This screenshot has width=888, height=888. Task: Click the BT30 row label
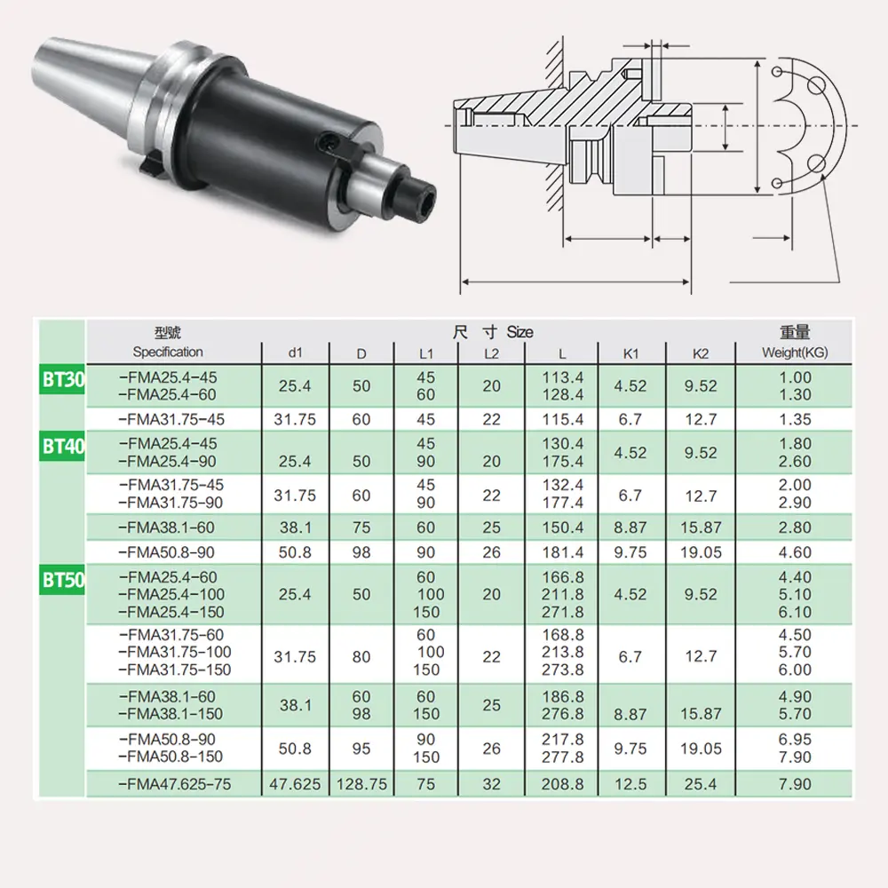tap(63, 380)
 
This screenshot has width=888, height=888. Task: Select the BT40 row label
tap(63, 446)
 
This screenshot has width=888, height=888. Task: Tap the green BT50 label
tap(63, 582)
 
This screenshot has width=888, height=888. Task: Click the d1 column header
tap(295, 353)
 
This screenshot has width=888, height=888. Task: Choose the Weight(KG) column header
tap(795, 353)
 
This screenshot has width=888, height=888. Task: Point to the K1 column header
tap(630, 353)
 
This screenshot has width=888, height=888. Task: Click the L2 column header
tap(491, 353)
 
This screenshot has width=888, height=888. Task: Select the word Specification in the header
tap(168, 352)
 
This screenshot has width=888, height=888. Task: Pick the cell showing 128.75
tap(361, 785)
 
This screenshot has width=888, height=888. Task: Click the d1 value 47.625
tap(295, 785)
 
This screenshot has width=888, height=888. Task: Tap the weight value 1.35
tap(795, 420)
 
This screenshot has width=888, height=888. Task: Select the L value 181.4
tap(563, 552)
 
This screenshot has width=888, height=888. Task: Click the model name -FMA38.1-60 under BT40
tap(168, 528)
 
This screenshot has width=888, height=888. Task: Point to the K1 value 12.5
tap(630, 785)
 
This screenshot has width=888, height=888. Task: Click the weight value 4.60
tap(795, 552)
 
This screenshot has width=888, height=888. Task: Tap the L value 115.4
tap(563, 420)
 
